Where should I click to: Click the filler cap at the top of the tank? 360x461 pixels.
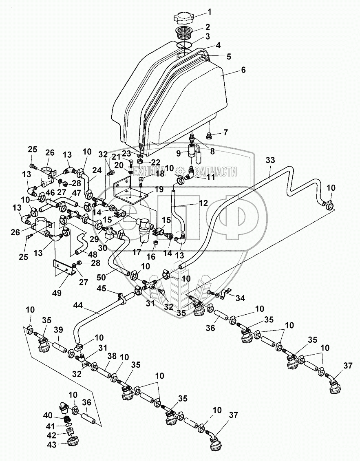click(185, 19)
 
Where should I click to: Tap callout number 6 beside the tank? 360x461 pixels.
click(243, 70)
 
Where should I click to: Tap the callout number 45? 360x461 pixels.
click(101, 289)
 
